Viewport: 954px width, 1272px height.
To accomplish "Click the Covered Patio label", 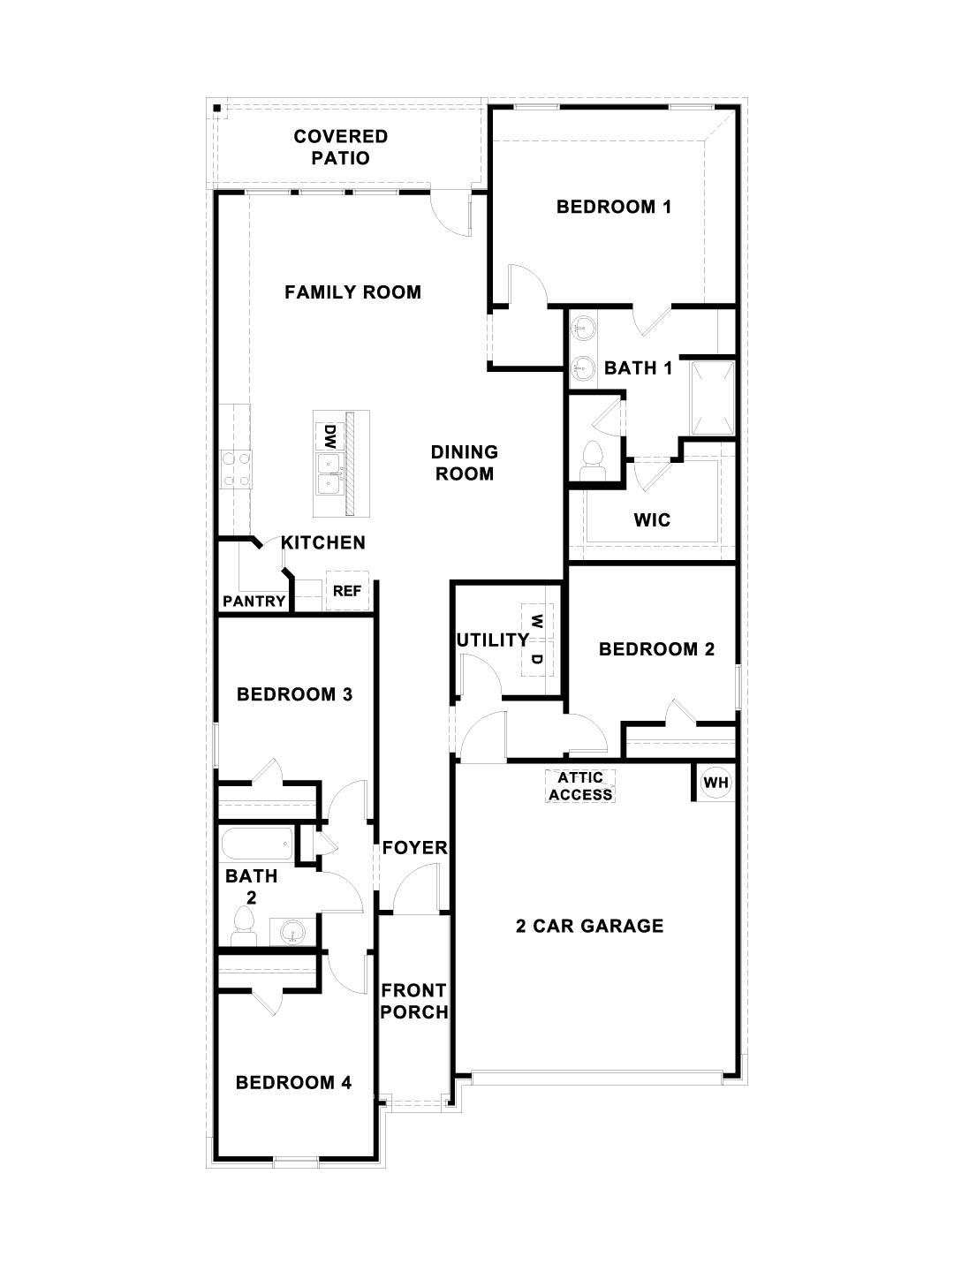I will tap(341, 148).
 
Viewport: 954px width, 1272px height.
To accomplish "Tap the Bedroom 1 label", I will tap(613, 207).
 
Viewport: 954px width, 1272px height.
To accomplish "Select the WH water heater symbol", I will tap(715, 783).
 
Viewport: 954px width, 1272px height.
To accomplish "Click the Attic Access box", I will tap(580, 785).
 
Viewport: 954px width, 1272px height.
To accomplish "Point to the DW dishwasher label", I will tap(329, 435).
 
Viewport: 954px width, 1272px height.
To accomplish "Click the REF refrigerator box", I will tap(346, 591).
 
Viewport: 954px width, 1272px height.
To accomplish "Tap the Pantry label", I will tap(254, 602).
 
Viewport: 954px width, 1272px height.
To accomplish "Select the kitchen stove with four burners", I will tap(236, 469).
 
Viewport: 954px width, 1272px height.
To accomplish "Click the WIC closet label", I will tap(652, 519).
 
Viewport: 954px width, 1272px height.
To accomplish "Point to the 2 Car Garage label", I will tap(589, 926).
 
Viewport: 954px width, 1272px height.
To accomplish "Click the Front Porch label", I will tap(413, 1002).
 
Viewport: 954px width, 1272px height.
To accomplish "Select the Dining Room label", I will tap(464, 463).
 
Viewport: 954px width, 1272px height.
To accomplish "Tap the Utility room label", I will tap(492, 640).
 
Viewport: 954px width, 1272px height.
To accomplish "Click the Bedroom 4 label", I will tap(293, 1082).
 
